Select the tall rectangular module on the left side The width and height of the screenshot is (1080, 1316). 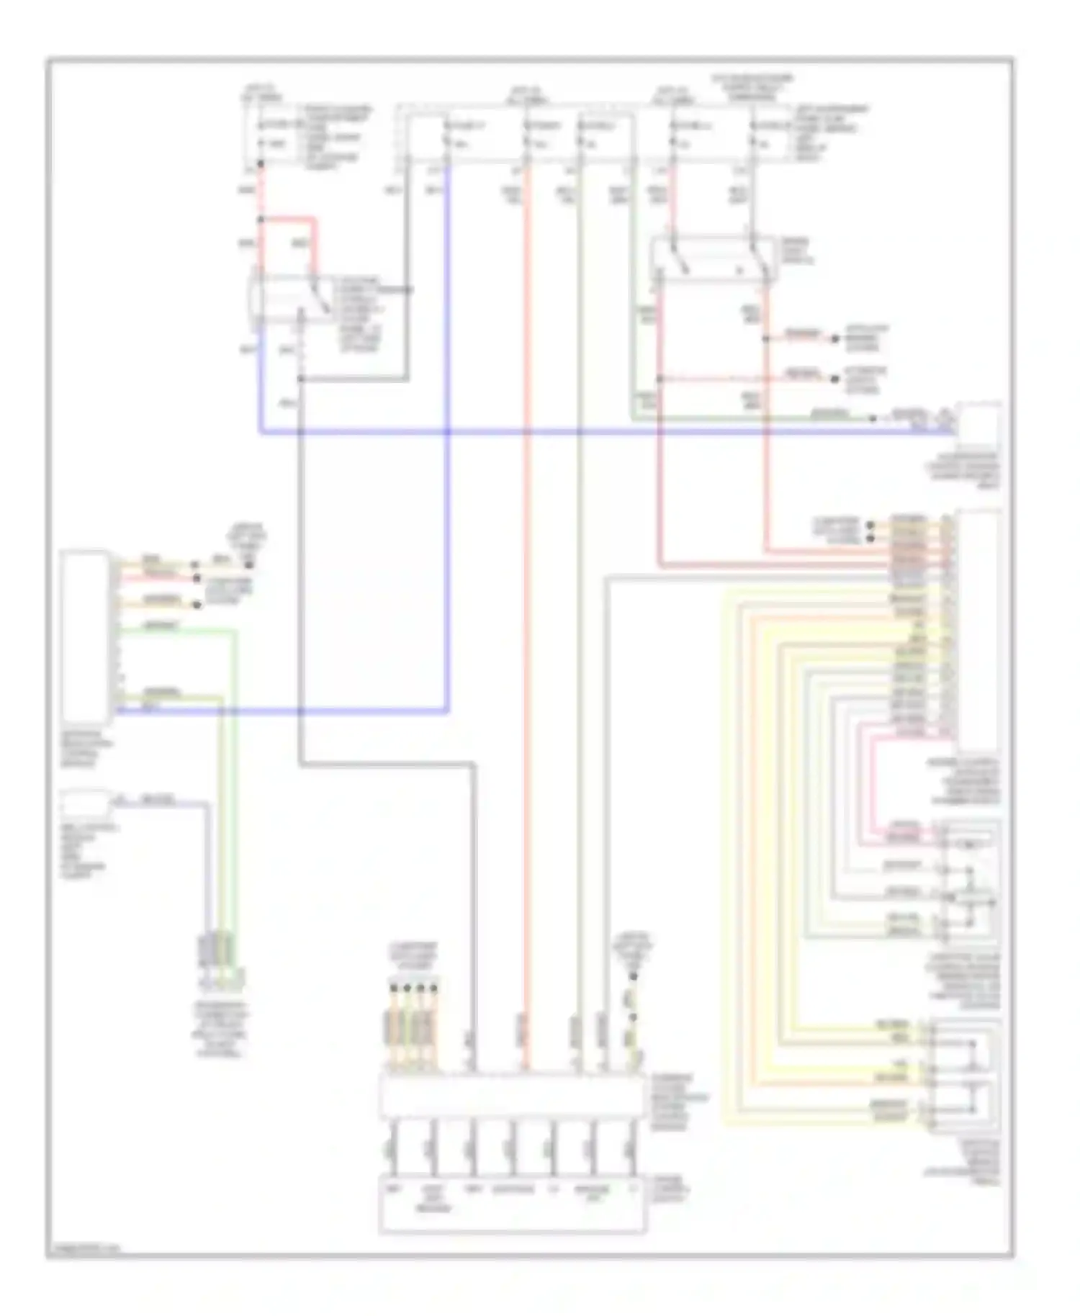tap(86, 636)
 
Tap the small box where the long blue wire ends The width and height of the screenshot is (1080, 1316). tap(978, 425)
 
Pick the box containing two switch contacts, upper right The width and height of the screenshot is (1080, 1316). tap(713, 259)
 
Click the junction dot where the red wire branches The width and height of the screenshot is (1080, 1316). tap(261, 219)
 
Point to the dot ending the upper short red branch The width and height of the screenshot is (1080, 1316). tap(835, 338)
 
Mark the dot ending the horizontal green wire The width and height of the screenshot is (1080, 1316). tap(873, 418)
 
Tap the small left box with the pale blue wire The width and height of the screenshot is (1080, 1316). tap(85, 801)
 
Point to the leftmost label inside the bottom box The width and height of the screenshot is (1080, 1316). tap(393, 1189)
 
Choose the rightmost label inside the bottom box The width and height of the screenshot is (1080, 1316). tap(632, 1189)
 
